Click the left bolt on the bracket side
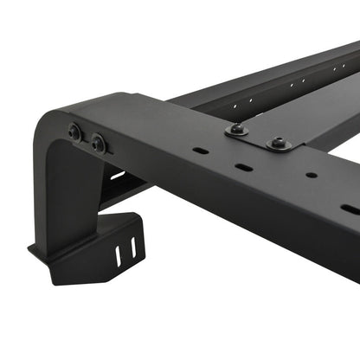coord(75,132)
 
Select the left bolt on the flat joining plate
coord(236,129)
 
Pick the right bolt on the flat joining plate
coord(279,143)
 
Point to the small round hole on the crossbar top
coord(311,176)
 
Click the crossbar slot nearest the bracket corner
coord(202,151)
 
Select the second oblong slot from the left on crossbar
coord(246,168)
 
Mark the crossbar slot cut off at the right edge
coord(350,209)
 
